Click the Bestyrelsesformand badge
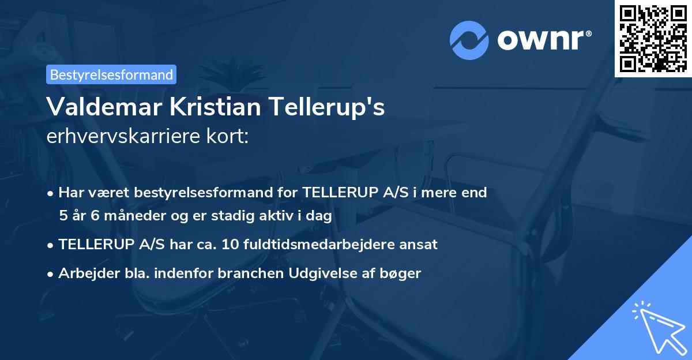coord(111,74)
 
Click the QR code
coord(653,38)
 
